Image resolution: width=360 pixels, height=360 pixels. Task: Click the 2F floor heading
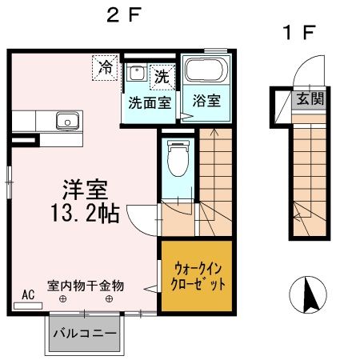pos(125,14)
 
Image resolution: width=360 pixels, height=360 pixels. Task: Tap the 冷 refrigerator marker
pos(105,67)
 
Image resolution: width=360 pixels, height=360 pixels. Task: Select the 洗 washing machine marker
pos(161,77)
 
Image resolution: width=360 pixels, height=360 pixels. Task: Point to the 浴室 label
pos(206,102)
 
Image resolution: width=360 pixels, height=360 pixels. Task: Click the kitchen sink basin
pos(66,122)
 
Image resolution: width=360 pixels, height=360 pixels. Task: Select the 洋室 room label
pos(86,190)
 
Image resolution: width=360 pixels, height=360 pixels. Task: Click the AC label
pos(28,294)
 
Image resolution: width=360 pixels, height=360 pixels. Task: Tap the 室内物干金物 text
pos(86,284)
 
